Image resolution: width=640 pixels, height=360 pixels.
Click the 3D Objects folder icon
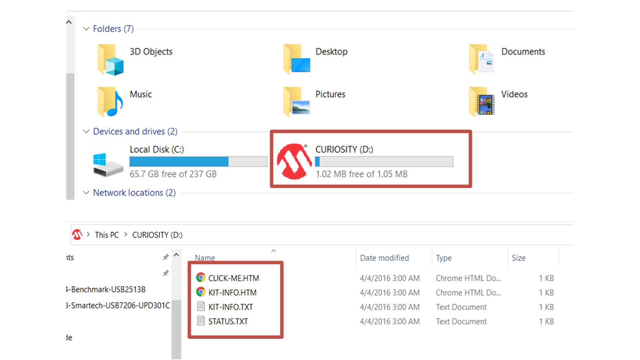[110, 60]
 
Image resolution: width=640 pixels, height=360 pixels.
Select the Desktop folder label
[331, 52]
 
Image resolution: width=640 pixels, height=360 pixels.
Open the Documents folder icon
[481, 60]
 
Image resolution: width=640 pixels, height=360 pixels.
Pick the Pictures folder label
[330, 94]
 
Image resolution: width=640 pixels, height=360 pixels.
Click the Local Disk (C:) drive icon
[108, 165]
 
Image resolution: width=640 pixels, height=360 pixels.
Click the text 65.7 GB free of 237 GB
[173, 174]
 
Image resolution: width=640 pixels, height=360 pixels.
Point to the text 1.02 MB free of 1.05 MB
[361, 174]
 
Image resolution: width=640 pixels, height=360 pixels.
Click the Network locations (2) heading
[134, 193]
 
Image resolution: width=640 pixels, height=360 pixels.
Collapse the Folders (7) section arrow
[86, 29]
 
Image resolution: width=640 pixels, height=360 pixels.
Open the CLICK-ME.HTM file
[233, 278]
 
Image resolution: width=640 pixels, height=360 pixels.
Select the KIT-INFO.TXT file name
[230, 307]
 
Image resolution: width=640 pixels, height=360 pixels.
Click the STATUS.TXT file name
[228, 321]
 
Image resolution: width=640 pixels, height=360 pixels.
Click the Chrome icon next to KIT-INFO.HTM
[201, 292]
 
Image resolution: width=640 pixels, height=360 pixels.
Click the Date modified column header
[384, 258]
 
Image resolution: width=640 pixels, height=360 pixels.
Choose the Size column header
[519, 258]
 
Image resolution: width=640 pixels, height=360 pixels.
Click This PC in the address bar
[107, 235]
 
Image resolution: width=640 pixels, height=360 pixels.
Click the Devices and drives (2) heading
[135, 131]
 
